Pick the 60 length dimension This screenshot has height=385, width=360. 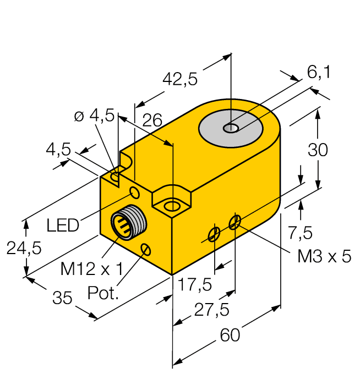click(x=230, y=335)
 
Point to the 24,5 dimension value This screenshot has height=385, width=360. click(x=24, y=249)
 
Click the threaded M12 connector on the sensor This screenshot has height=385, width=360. click(x=127, y=223)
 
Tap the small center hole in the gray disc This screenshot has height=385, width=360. click(x=231, y=129)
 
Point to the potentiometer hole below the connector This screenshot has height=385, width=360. click(x=145, y=250)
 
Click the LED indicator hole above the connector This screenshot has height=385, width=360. click(x=134, y=192)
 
